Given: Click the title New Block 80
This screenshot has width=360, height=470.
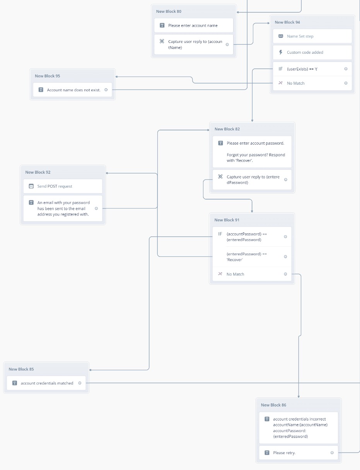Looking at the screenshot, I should [x=169, y=12].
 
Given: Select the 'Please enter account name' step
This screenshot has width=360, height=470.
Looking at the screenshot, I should [x=193, y=26].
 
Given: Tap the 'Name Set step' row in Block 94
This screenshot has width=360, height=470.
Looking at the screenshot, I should [x=300, y=36].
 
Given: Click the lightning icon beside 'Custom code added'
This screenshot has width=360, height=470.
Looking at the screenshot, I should [x=281, y=52].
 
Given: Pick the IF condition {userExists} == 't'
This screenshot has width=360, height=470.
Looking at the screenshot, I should [x=302, y=69].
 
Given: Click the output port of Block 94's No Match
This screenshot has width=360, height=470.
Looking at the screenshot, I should [x=346, y=83].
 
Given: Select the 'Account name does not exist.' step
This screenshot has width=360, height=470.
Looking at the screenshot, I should [x=73, y=90].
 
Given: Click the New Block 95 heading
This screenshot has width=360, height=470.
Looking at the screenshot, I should [x=47, y=76].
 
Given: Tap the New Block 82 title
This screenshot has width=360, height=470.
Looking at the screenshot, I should [x=227, y=129].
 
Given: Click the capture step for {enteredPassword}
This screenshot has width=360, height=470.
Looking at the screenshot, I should [x=253, y=179].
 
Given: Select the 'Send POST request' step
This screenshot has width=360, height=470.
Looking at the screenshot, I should [x=55, y=186].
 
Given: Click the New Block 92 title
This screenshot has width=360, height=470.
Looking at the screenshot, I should [x=38, y=173].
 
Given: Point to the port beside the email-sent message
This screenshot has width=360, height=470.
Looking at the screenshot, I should [x=96, y=209].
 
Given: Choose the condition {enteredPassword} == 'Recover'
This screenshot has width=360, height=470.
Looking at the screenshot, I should [x=246, y=257].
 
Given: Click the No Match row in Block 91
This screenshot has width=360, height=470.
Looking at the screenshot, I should [x=235, y=274].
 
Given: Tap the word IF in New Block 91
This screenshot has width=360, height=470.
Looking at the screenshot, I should [x=220, y=234].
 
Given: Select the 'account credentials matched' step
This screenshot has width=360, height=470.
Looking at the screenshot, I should [x=47, y=383].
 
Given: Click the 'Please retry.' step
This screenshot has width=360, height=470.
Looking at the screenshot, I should [x=284, y=453].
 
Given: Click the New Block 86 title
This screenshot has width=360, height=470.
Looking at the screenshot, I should [x=273, y=405].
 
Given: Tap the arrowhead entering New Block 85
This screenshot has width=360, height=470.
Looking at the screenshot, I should [x=91, y=370].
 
